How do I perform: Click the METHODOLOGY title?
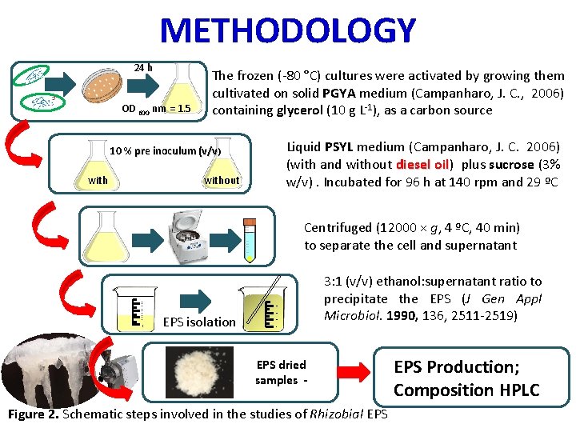288,31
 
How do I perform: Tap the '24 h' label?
143,68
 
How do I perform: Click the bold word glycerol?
301,110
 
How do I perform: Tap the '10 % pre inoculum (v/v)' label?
166,150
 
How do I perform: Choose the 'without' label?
222,180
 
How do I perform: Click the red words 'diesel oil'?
423,165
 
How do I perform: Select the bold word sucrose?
513,165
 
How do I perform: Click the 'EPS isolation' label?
198,322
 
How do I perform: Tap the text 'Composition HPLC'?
466,390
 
